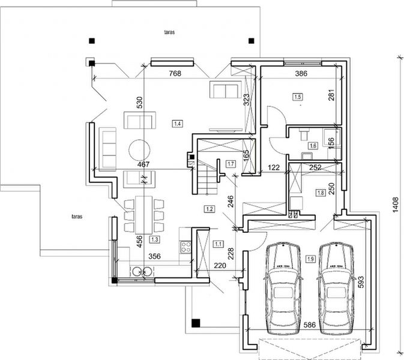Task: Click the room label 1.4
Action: (178, 124)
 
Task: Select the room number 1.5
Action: (298, 97)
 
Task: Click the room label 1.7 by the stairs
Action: (231, 164)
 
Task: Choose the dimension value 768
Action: (173, 74)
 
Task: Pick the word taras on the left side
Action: (76, 214)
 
